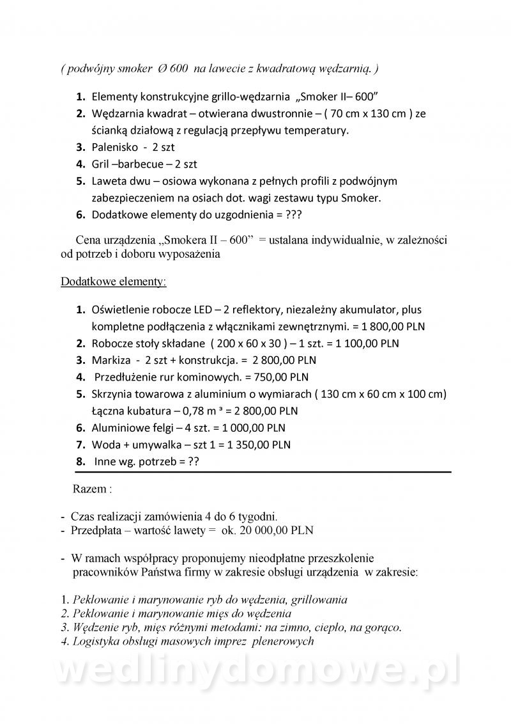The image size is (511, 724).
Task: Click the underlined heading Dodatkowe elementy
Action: tap(114, 281)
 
